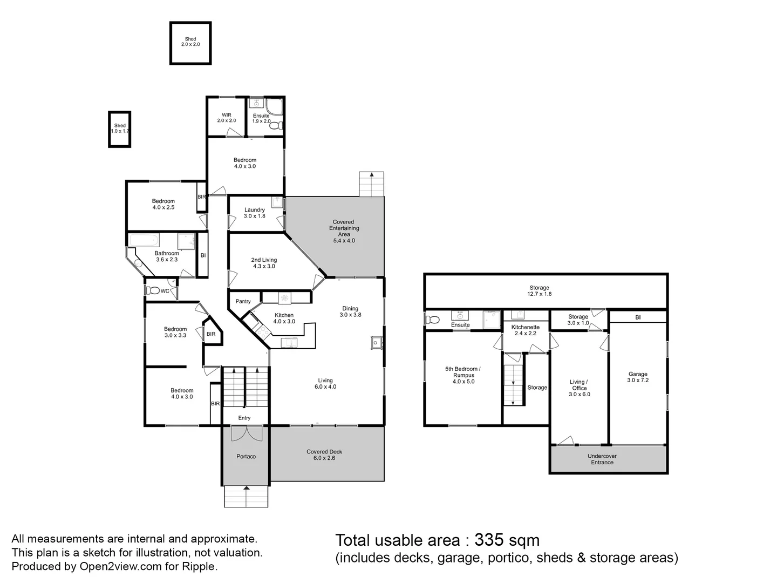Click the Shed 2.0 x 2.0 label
tap(190, 42)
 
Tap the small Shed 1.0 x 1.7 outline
tap(120, 128)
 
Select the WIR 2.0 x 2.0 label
tap(227, 118)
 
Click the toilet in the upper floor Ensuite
tap(276, 126)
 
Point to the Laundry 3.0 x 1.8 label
tap(255, 213)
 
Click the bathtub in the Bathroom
tap(144, 241)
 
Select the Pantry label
tap(243, 301)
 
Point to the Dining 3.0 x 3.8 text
tap(350, 311)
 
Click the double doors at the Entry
tap(246, 433)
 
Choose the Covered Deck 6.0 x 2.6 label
tap(324, 455)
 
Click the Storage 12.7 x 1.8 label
tap(539, 291)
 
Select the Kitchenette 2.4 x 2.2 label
tap(525, 330)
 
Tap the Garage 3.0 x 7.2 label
tap(638, 377)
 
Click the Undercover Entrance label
tap(602, 459)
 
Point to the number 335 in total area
tap(488, 540)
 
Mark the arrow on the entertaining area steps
tap(372, 175)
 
